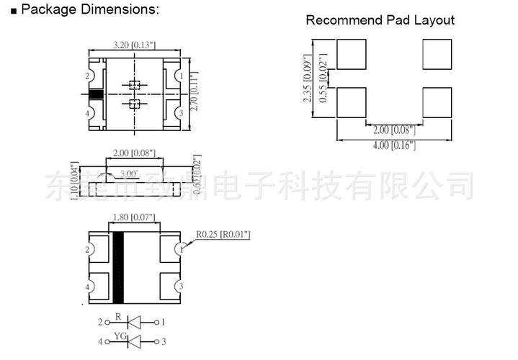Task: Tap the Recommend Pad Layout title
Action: click(x=380, y=20)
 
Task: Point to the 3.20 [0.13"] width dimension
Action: click(x=133, y=44)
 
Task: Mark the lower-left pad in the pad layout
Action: click(x=352, y=102)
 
